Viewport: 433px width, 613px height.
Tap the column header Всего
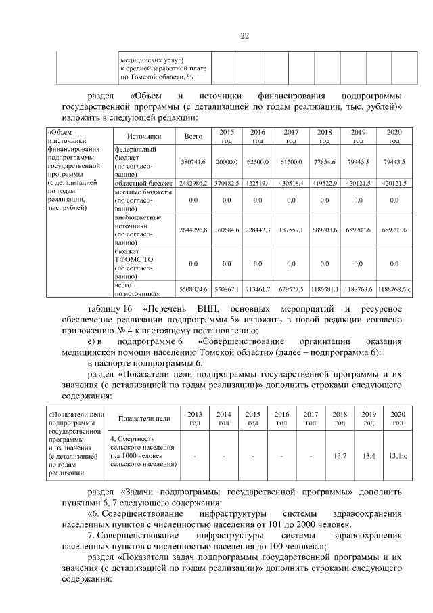pos(193,136)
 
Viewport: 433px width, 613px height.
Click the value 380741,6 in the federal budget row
pos(193,163)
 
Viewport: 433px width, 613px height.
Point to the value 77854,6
pos(325,163)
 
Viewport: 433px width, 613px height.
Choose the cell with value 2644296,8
pos(193,230)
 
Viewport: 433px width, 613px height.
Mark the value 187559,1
pos(291,230)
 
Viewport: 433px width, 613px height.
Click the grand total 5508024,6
pos(193,290)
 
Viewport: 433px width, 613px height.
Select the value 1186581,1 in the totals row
pos(325,290)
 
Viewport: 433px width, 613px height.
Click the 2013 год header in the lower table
pos(194,418)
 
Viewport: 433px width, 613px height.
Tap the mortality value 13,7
pos(340,455)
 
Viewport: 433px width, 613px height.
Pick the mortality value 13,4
pos(369,455)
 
